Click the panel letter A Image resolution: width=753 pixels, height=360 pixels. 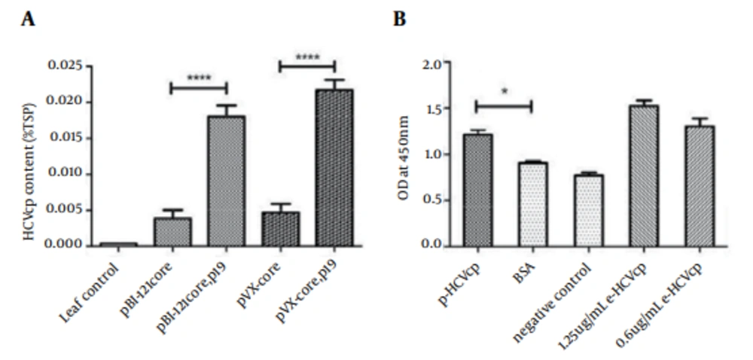[x=28, y=20]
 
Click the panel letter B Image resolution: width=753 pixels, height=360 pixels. [x=399, y=20]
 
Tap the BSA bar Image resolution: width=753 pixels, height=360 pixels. [x=531, y=203]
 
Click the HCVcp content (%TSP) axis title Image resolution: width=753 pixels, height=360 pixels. [x=29, y=155]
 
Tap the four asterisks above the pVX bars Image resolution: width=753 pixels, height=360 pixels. [x=307, y=56]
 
